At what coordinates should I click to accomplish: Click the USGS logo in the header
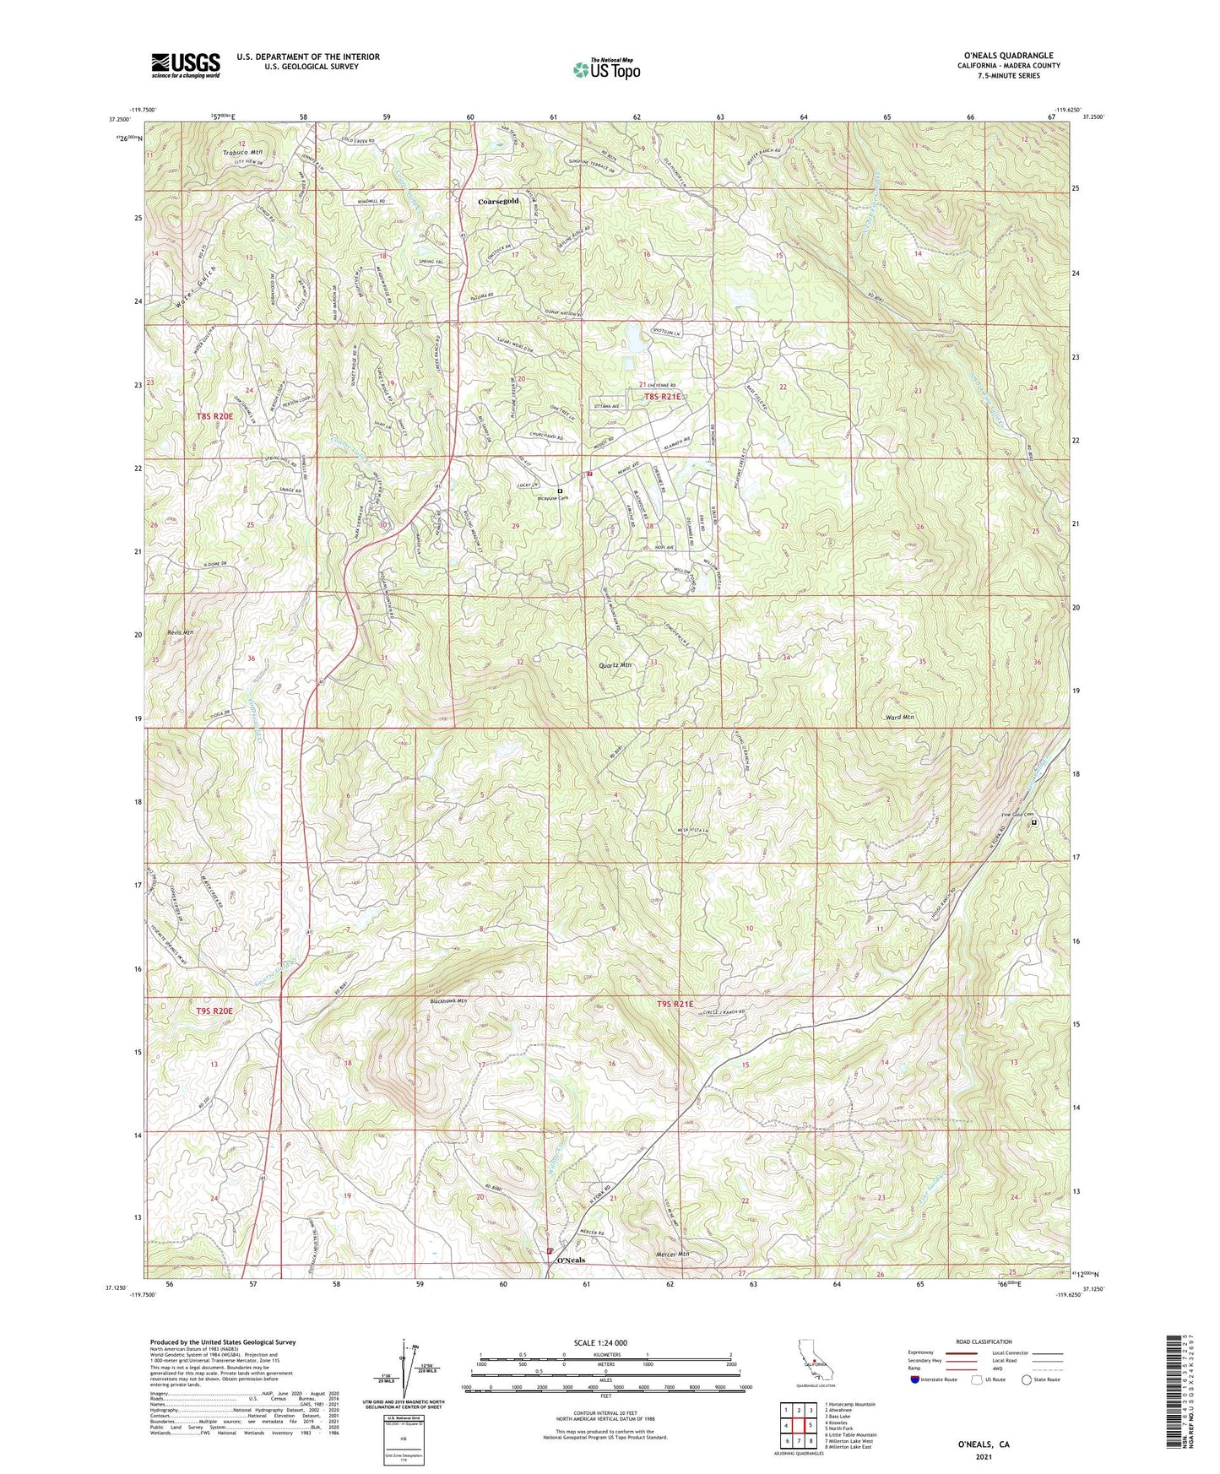(185, 65)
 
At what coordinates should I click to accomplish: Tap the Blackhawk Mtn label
(448, 1001)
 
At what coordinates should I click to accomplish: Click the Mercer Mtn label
(672, 1255)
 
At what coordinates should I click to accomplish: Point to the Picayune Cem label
(552, 498)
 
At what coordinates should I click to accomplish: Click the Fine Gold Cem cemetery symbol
(1033, 821)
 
